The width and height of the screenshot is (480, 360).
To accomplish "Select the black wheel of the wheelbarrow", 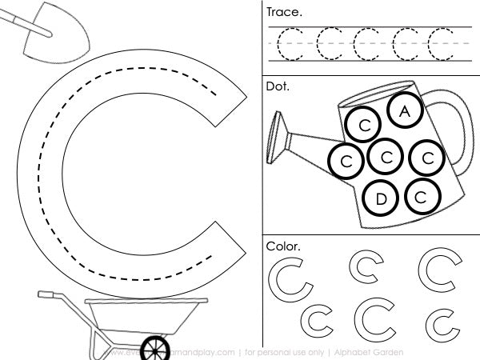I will [x=152, y=348].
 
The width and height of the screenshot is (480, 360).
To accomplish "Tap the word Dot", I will [x=277, y=85].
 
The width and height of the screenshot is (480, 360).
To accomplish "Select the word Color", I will [x=282, y=246].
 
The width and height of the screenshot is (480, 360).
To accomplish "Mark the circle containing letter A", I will [x=406, y=111].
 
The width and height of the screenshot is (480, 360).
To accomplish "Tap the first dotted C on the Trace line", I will [x=291, y=43].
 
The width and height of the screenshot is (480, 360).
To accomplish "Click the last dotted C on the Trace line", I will [x=441, y=43].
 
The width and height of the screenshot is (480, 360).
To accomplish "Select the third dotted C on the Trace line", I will [x=366, y=43].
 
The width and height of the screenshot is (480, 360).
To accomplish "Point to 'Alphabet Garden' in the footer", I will [x=369, y=352].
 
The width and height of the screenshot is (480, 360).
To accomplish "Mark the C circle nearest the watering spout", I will [x=346, y=161].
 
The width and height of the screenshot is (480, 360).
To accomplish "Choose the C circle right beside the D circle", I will [x=422, y=195].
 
